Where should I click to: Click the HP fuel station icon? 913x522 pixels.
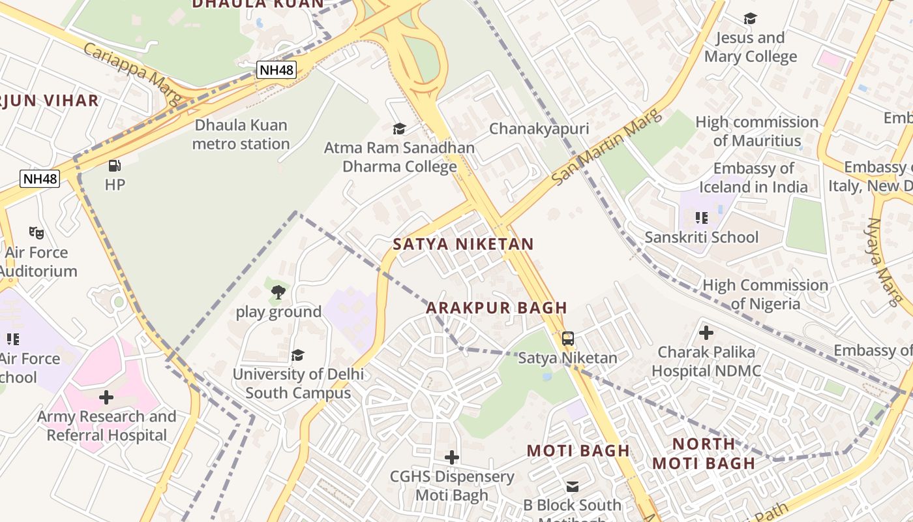pyautogui.click(x=115, y=166)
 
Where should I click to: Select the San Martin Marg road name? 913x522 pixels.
pyautogui.click(x=606, y=147)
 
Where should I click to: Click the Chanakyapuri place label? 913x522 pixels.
pyautogui.click(x=539, y=129)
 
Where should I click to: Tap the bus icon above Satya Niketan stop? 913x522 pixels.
pyautogui.click(x=568, y=339)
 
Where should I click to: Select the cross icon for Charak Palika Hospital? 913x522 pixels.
pyautogui.click(x=706, y=333)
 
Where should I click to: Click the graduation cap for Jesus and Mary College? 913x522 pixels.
pyautogui.click(x=750, y=19)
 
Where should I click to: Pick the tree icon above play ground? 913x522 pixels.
pyautogui.click(x=278, y=292)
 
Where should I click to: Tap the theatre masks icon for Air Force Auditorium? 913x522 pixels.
pyautogui.click(x=37, y=232)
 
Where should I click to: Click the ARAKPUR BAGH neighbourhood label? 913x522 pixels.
pyautogui.click(x=496, y=307)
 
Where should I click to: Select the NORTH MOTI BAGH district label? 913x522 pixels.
pyautogui.click(x=704, y=453)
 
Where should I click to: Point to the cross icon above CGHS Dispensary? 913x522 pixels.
pyautogui.click(x=451, y=457)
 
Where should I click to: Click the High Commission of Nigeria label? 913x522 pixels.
pyautogui.click(x=765, y=294)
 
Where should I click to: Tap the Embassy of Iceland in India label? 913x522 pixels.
pyautogui.click(x=753, y=177)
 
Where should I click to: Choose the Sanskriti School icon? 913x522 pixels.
pyautogui.click(x=701, y=217)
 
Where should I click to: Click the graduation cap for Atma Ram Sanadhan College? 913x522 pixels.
pyautogui.click(x=399, y=129)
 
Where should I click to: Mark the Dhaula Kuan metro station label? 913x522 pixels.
pyautogui.click(x=241, y=134)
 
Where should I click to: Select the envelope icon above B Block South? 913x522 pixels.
pyautogui.click(x=572, y=486)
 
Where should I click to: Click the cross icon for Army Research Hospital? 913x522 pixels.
pyautogui.click(x=106, y=397)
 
